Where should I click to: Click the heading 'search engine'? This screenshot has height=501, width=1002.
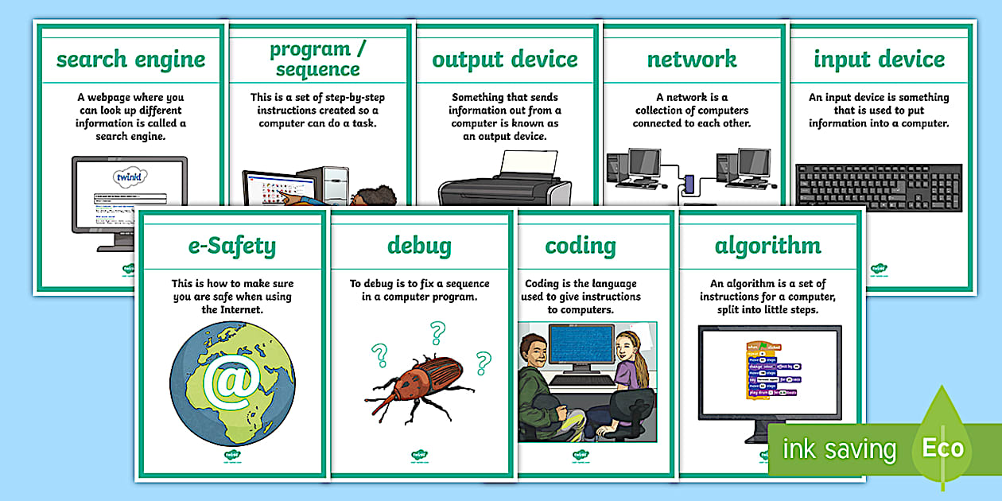point(130,60)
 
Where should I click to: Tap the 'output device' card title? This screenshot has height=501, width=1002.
point(504,60)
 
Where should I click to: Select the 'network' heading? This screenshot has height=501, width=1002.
point(691,60)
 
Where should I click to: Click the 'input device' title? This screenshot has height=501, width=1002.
point(879,60)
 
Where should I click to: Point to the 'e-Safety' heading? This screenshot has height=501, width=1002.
point(232,246)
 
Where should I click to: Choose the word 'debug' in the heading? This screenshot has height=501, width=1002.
point(419,246)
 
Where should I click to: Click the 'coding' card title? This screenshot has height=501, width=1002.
point(580,246)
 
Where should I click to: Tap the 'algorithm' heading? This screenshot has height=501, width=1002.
point(768,246)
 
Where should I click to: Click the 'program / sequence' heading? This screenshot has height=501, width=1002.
point(317,59)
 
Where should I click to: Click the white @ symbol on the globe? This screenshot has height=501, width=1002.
point(231,383)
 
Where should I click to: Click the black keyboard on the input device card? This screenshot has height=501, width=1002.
point(878,187)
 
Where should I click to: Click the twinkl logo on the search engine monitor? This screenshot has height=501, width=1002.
point(130,177)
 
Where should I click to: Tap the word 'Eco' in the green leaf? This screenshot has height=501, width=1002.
point(942,448)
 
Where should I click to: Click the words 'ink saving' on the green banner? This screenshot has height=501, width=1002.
point(838,449)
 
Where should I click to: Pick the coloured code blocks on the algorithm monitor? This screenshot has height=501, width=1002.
point(767,371)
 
